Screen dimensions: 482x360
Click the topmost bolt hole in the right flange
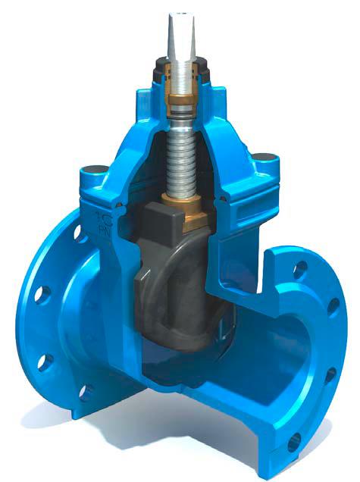(x=302, y=266)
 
